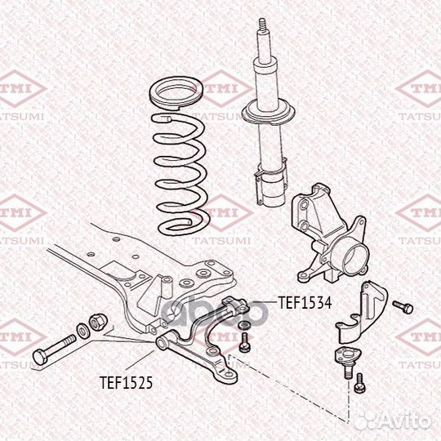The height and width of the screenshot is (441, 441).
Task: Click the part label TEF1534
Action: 305,303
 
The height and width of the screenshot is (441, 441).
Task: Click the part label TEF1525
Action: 127,382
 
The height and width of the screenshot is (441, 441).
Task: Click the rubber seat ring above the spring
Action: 176,94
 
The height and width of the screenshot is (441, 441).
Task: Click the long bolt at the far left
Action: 54,350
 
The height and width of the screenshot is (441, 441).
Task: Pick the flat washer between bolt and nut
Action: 82,331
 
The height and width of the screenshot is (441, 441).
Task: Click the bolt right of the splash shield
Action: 403,307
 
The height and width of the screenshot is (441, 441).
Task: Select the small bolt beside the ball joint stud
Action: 359,383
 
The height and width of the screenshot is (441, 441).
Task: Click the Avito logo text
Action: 405,422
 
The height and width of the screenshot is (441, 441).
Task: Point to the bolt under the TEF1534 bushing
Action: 244,341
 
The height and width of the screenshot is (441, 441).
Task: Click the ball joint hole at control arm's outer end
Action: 229,374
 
